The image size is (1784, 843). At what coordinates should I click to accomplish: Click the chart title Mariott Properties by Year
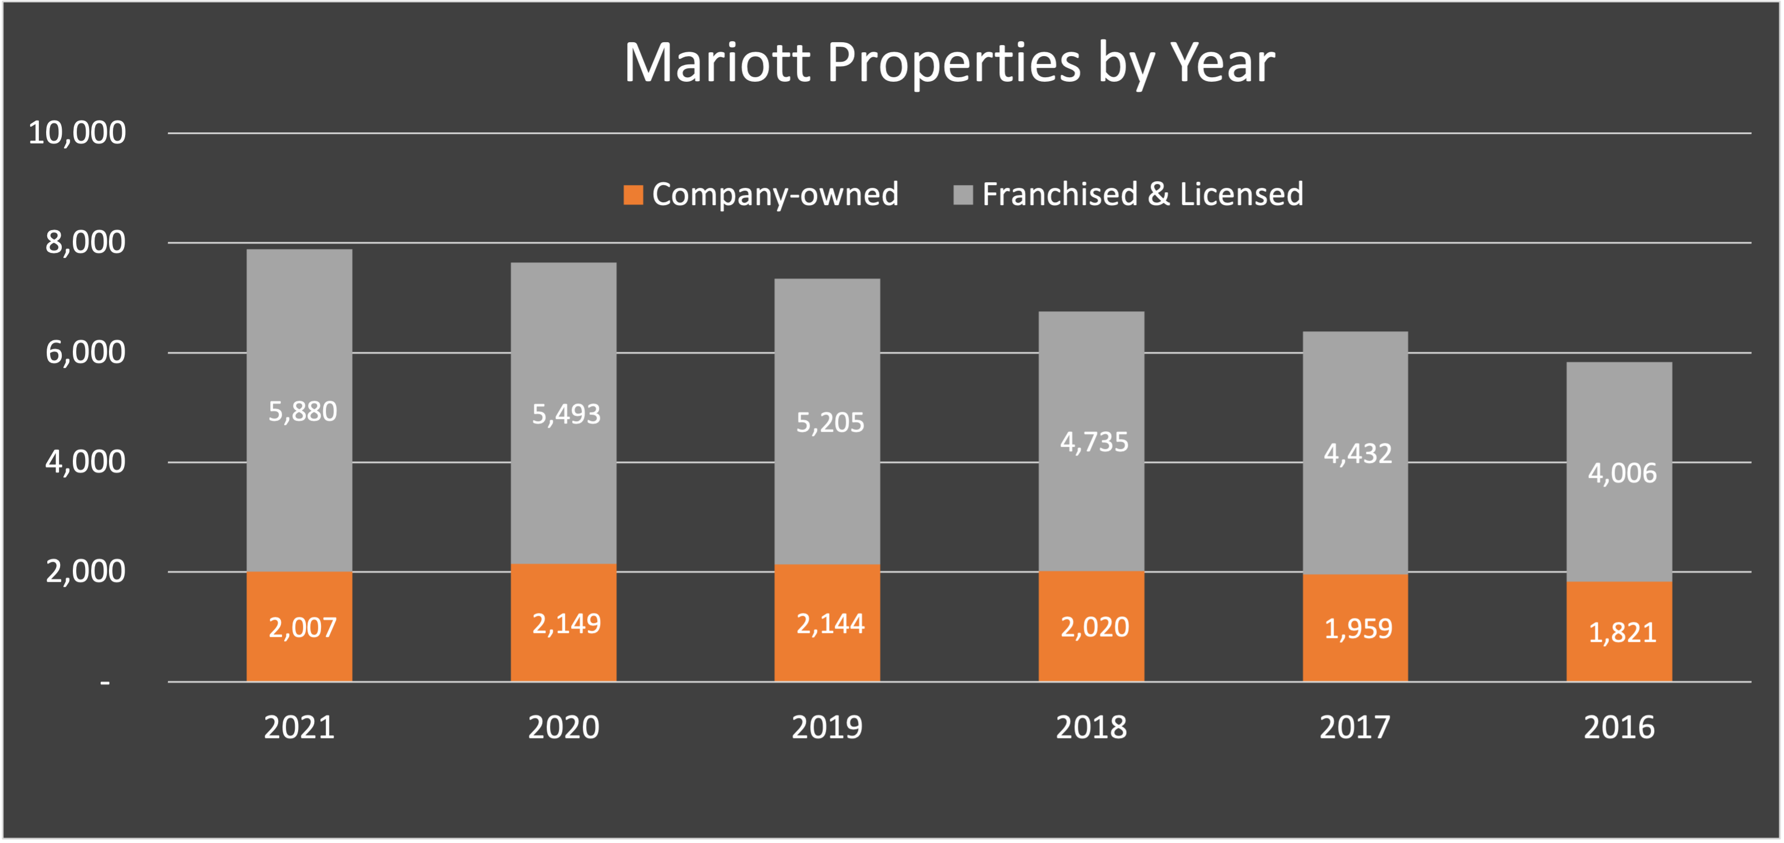point(949,64)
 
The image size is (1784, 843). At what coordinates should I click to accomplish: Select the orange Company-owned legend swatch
point(633,194)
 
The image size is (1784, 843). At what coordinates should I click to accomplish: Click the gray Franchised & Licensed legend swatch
point(963,194)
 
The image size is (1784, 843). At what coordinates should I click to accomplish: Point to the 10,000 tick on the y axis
point(77,132)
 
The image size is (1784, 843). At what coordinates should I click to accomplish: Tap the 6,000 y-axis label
point(85,352)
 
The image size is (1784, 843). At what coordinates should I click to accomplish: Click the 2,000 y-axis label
point(85,572)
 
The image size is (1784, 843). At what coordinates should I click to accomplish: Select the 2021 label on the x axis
point(299,727)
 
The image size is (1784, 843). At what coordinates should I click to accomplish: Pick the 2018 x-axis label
point(1091,727)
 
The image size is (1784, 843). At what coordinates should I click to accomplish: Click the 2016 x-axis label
point(1618,727)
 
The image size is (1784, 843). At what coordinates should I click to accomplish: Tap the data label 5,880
point(303,412)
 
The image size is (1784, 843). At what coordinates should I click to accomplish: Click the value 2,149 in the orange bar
point(566,624)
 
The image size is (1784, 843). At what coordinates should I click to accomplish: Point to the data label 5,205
point(830,422)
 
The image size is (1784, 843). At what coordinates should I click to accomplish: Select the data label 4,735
point(1094,442)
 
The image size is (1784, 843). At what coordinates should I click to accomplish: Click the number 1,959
point(1357,628)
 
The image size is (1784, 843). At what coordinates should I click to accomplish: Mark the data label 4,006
point(1622,473)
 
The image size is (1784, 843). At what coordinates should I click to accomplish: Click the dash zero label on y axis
point(105,682)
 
